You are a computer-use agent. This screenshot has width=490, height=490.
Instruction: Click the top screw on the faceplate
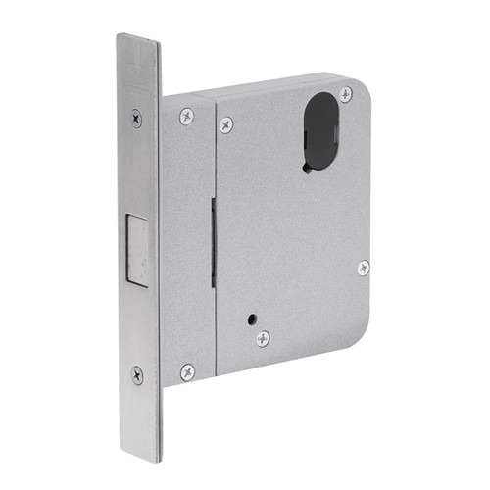tap(136, 118)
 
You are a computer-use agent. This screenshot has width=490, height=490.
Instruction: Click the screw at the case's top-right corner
tap(346, 94)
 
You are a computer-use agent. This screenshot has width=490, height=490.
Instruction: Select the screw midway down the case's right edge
tap(363, 268)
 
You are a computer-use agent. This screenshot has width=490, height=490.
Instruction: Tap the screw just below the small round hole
tap(263, 339)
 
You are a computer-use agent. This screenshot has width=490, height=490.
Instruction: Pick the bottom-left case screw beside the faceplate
tap(187, 372)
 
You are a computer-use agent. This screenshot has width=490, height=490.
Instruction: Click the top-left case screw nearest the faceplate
tap(186, 116)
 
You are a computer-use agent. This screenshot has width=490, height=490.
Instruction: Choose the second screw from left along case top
tap(226, 124)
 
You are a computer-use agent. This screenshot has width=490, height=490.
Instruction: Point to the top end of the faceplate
tap(138, 39)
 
